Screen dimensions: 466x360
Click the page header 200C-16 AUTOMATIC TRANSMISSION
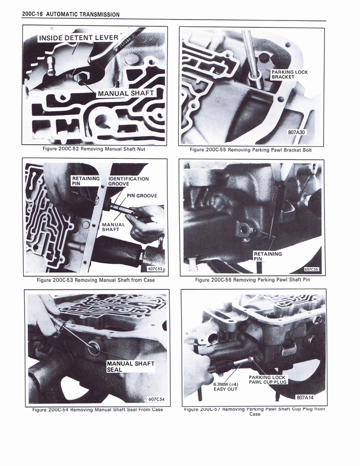pos(71,14)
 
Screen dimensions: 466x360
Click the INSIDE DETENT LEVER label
pos(78,38)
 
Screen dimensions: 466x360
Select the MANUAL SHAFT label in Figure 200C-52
pos(126,93)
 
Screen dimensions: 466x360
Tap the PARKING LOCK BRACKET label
pos(289,75)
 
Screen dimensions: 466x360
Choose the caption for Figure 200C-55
pos(251,150)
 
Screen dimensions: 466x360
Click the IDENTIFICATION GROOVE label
pos(128,181)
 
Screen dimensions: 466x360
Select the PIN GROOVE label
pos(142,196)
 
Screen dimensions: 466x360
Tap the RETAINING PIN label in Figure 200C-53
pos(86,181)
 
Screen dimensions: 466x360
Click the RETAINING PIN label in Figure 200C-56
pos(268,256)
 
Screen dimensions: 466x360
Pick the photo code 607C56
pos(311,269)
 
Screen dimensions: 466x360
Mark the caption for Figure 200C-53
pos(96,280)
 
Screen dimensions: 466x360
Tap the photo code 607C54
pos(156,399)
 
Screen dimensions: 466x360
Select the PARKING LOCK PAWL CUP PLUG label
pos(268,380)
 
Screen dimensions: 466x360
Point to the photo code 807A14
pos(305,397)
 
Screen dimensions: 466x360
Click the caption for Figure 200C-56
pos(252,279)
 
